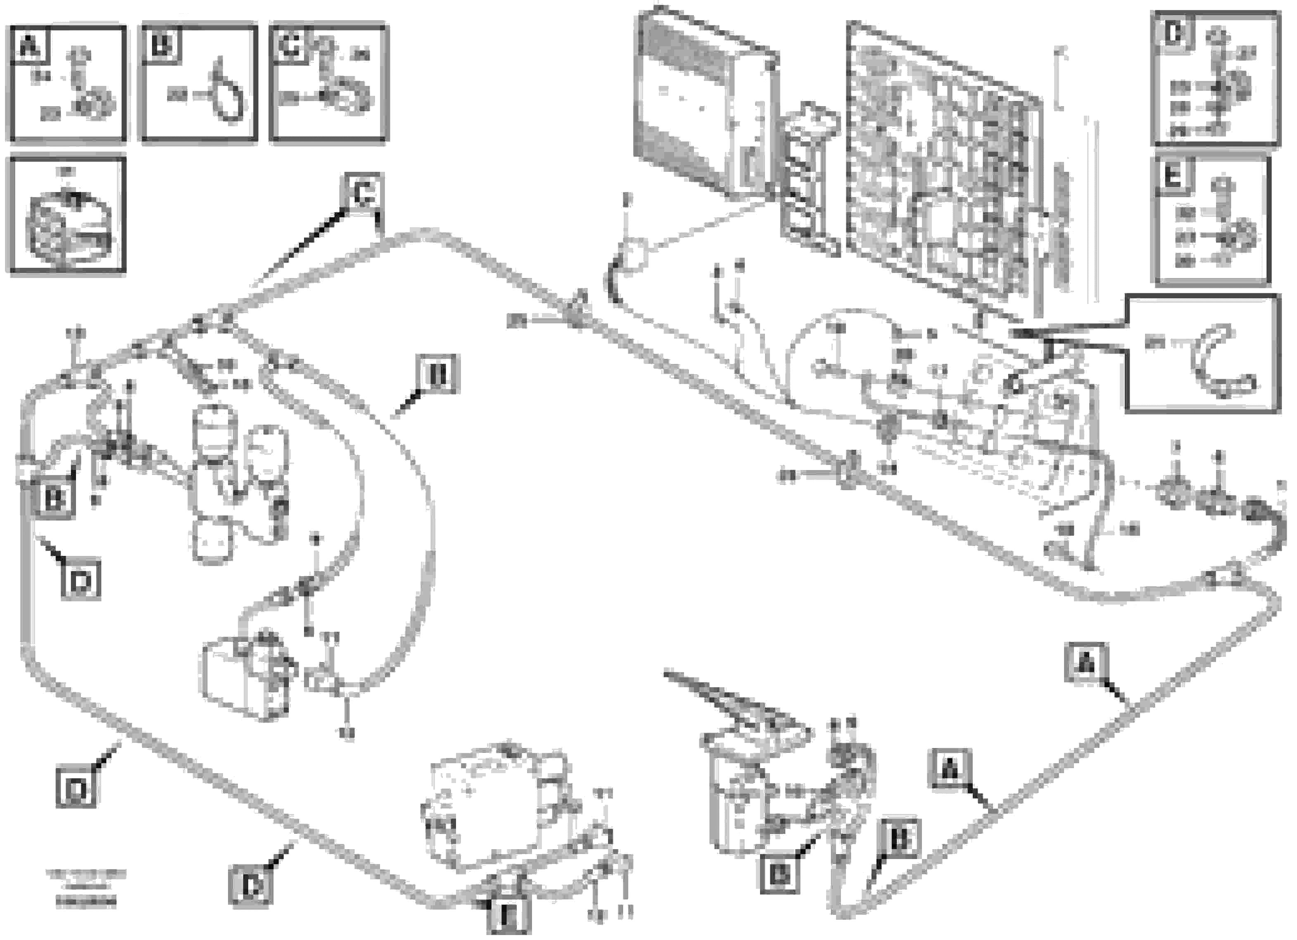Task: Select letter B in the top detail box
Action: pyautogui.click(x=161, y=45)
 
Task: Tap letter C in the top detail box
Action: pyautogui.click(x=290, y=45)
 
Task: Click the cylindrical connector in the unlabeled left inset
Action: pyautogui.click(x=66, y=226)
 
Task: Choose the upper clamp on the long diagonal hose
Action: pyautogui.click(x=575, y=311)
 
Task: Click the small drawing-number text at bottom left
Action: pyautogui.click(x=86, y=890)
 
